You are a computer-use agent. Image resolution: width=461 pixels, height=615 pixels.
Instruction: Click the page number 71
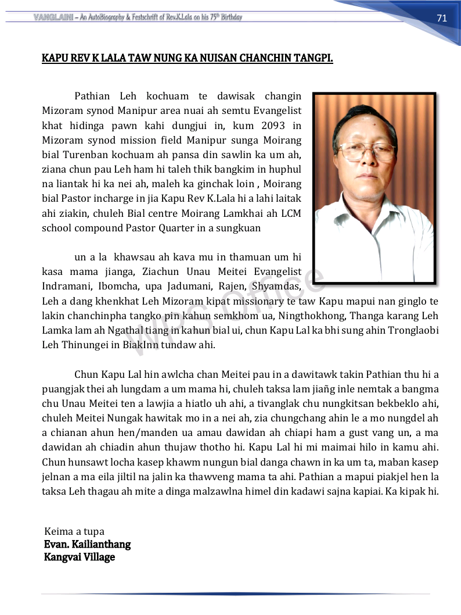click(x=442, y=18)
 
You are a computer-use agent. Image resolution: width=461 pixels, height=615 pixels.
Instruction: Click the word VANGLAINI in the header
click(x=53, y=17)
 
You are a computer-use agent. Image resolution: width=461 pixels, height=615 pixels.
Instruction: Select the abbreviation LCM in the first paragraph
click(x=290, y=213)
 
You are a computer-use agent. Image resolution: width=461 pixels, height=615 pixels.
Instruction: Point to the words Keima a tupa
click(x=74, y=531)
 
